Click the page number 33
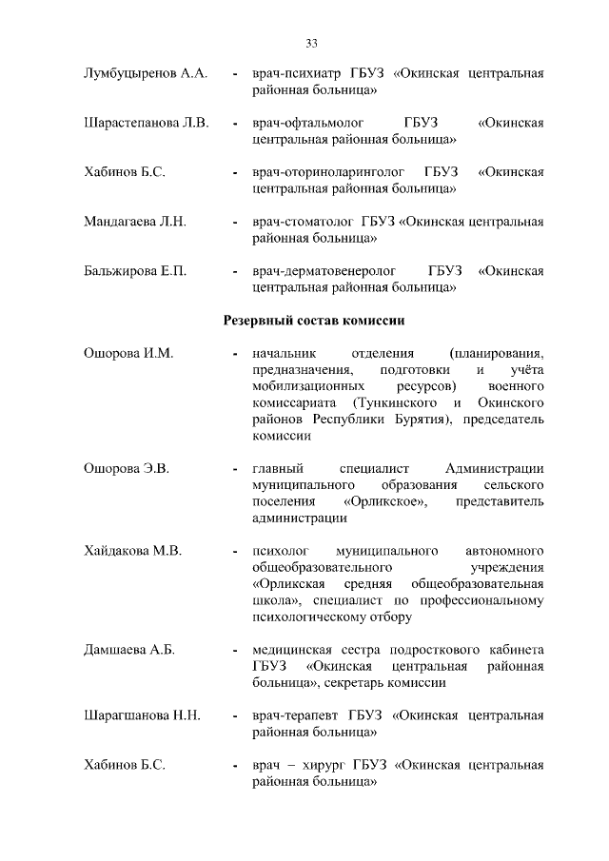(x=311, y=42)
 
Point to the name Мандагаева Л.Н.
(x=135, y=222)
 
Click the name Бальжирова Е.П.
(x=134, y=271)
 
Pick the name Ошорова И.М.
(x=128, y=353)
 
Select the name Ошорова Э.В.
(x=128, y=468)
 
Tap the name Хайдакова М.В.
(x=133, y=551)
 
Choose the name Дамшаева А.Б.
(x=130, y=650)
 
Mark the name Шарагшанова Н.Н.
(x=142, y=715)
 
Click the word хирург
(x=325, y=765)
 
